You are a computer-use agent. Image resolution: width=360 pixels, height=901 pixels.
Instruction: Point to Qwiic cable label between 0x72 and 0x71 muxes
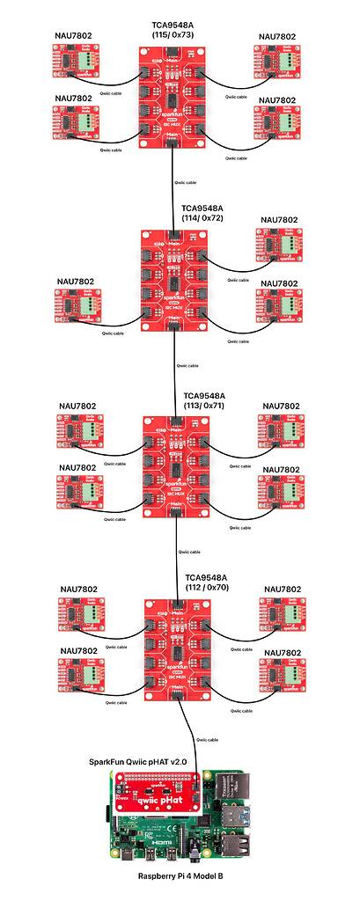(x=187, y=365)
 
